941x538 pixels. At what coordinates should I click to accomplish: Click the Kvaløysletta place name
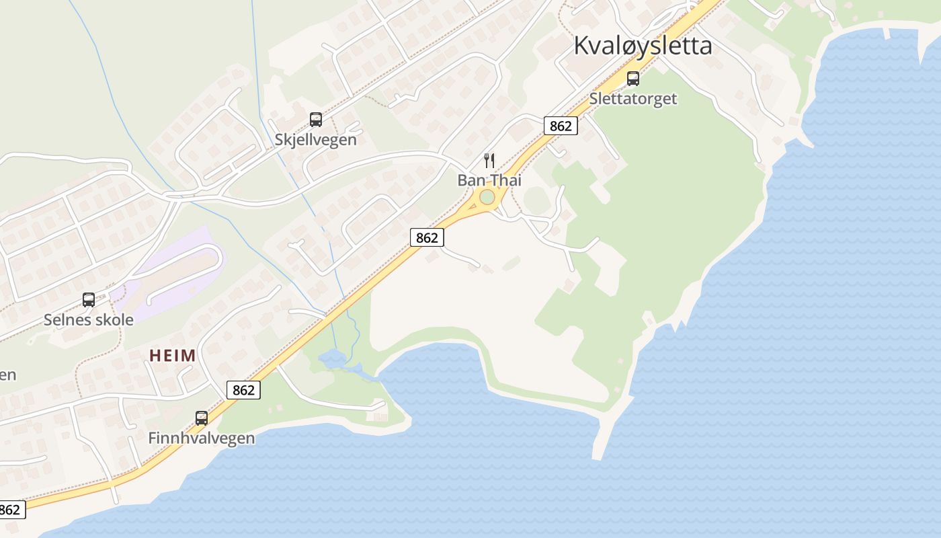pyautogui.click(x=643, y=46)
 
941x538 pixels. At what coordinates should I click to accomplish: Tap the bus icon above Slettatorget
pyautogui.click(x=633, y=79)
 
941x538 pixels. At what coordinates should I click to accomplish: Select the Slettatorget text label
pyautogui.click(x=633, y=99)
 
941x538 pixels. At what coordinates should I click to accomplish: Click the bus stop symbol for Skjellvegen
pyautogui.click(x=316, y=120)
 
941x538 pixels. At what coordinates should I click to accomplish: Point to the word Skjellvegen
pyautogui.click(x=316, y=140)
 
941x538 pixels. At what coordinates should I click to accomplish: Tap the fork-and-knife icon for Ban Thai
pyautogui.click(x=489, y=161)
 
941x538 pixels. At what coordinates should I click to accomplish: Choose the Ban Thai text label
pyautogui.click(x=489, y=180)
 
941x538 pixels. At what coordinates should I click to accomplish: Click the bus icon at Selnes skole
pyautogui.click(x=89, y=300)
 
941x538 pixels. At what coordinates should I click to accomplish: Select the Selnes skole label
pyautogui.click(x=89, y=319)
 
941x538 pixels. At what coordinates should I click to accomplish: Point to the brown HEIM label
pyautogui.click(x=173, y=356)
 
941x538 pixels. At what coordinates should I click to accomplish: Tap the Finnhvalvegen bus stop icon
pyautogui.click(x=202, y=418)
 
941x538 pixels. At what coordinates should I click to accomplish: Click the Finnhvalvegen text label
pyautogui.click(x=202, y=438)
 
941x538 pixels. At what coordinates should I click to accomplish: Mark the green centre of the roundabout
pyautogui.click(x=487, y=197)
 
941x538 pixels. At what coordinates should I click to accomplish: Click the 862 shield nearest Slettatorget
pyautogui.click(x=561, y=126)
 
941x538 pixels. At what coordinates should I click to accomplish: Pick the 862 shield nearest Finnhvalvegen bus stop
pyautogui.click(x=243, y=390)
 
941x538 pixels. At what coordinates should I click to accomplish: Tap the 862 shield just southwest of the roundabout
pyautogui.click(x=427, y=237)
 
